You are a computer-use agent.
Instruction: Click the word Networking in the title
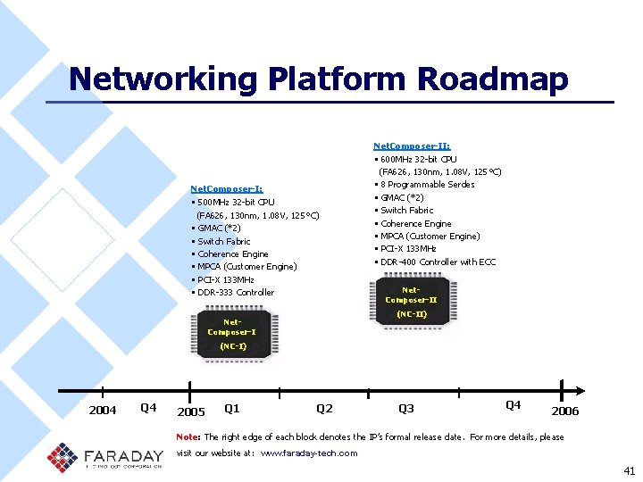(163, 79)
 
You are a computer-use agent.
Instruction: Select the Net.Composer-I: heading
(227, 188)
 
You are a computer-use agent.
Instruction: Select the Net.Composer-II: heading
(412, 145)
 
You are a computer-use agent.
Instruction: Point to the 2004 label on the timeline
(103, 411)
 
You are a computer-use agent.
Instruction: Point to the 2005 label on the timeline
(191, 411)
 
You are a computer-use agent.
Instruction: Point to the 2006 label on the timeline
(564, 411)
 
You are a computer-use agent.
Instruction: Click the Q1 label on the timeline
(232, 408)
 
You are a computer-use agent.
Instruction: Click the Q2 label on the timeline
(324, 408)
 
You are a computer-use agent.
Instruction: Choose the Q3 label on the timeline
(405, 408)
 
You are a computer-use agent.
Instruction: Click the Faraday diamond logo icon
(63, 458)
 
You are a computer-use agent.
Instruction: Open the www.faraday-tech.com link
(309, 453)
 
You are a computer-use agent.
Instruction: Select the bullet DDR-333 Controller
(235, 293)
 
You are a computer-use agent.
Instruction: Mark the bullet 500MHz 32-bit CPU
(235, 203)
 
